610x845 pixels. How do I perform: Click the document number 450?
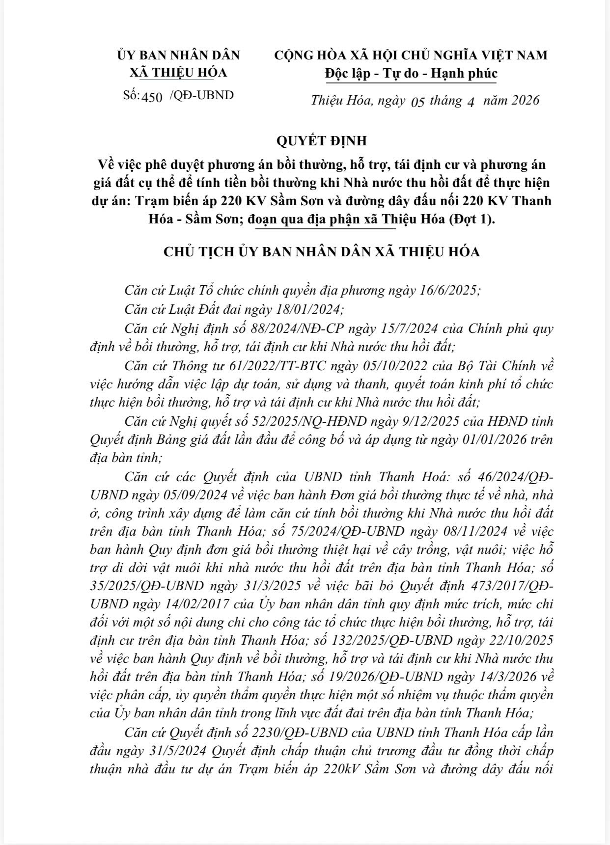[x=152, y=97]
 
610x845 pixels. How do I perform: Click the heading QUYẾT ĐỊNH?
[x=322, y=141]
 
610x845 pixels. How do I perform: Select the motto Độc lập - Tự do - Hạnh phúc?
[x=411, y=74]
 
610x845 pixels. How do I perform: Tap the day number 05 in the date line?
[x=417, y=102]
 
